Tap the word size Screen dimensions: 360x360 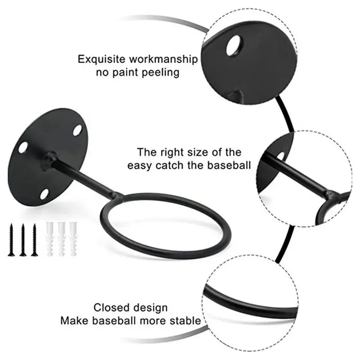pos(203,152)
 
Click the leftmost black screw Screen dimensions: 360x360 pos(12,239)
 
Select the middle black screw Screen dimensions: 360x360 pos(23,239)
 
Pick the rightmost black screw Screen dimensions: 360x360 pos(34,239)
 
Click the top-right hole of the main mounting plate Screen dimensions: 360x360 pos(77,130)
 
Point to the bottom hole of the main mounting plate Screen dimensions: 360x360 pos(44,194)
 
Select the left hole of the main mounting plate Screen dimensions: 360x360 pos(23,147)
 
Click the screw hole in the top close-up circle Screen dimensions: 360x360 pos(234,46)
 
